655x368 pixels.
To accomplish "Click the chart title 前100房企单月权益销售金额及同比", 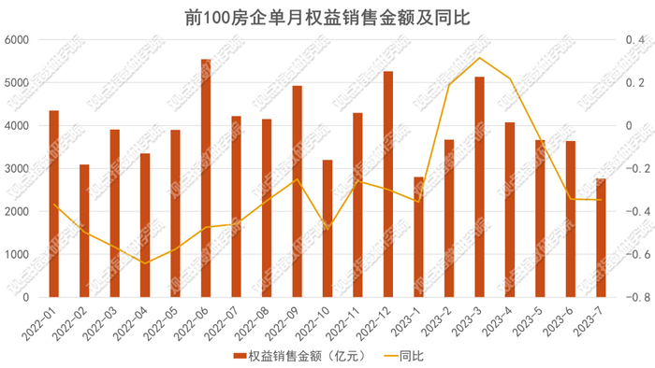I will pyautogui.click(x=327, y=17).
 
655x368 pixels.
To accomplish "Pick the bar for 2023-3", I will pyautogui.click(x=479, y=187).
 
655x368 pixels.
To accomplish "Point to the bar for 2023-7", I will pyautogui.click(x=601, y=238).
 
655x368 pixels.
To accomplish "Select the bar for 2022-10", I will pyautogui.click(x=327, y=228).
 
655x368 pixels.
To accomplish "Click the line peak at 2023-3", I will pyautogui.click(x=479, y=58).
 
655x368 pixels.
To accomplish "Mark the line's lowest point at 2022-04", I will pyautogui.click(x=145, y=263).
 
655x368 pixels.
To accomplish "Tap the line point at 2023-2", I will pyautogui.click(x=449, y=85).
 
